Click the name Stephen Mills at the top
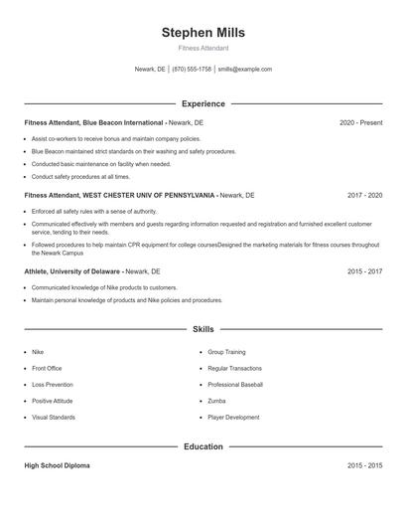click(203, 32)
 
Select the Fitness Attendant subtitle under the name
click(203, 48)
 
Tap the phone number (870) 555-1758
click(192, 70)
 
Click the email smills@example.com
click(245, 70)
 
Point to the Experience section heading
click(203, 103)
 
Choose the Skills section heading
click(203, 329)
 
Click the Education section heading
click(203, 446)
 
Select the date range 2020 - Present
click(360, 122)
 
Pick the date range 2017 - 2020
click(363, 197)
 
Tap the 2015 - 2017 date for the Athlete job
click(363, 271)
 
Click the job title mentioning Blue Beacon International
click(94, 122)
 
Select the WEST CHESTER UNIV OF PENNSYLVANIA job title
click(119, 197)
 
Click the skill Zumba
click(217, 401)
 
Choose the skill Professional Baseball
click(235, 384)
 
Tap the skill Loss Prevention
click(52, 384)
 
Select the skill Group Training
click(226, 352)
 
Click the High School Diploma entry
click(57, 465)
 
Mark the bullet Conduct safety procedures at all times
click(80, 177)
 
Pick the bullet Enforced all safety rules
click(94, 211)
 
